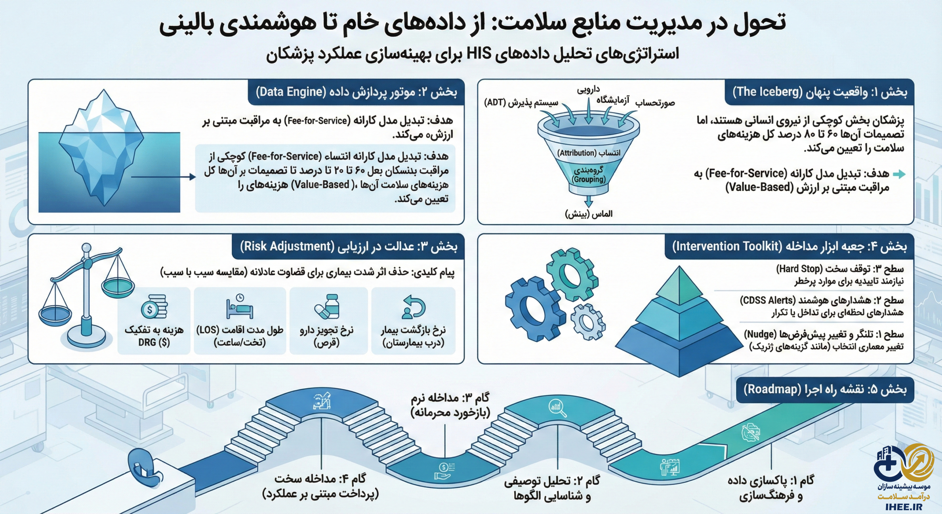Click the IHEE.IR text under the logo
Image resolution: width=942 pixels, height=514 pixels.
(904, 507)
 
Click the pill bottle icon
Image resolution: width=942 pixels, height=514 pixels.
(327, 306)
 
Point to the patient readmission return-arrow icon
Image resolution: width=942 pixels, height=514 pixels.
(414, 307)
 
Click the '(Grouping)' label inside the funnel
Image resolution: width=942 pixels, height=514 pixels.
(588, 179)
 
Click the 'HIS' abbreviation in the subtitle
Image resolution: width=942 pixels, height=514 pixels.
(479, 54)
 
